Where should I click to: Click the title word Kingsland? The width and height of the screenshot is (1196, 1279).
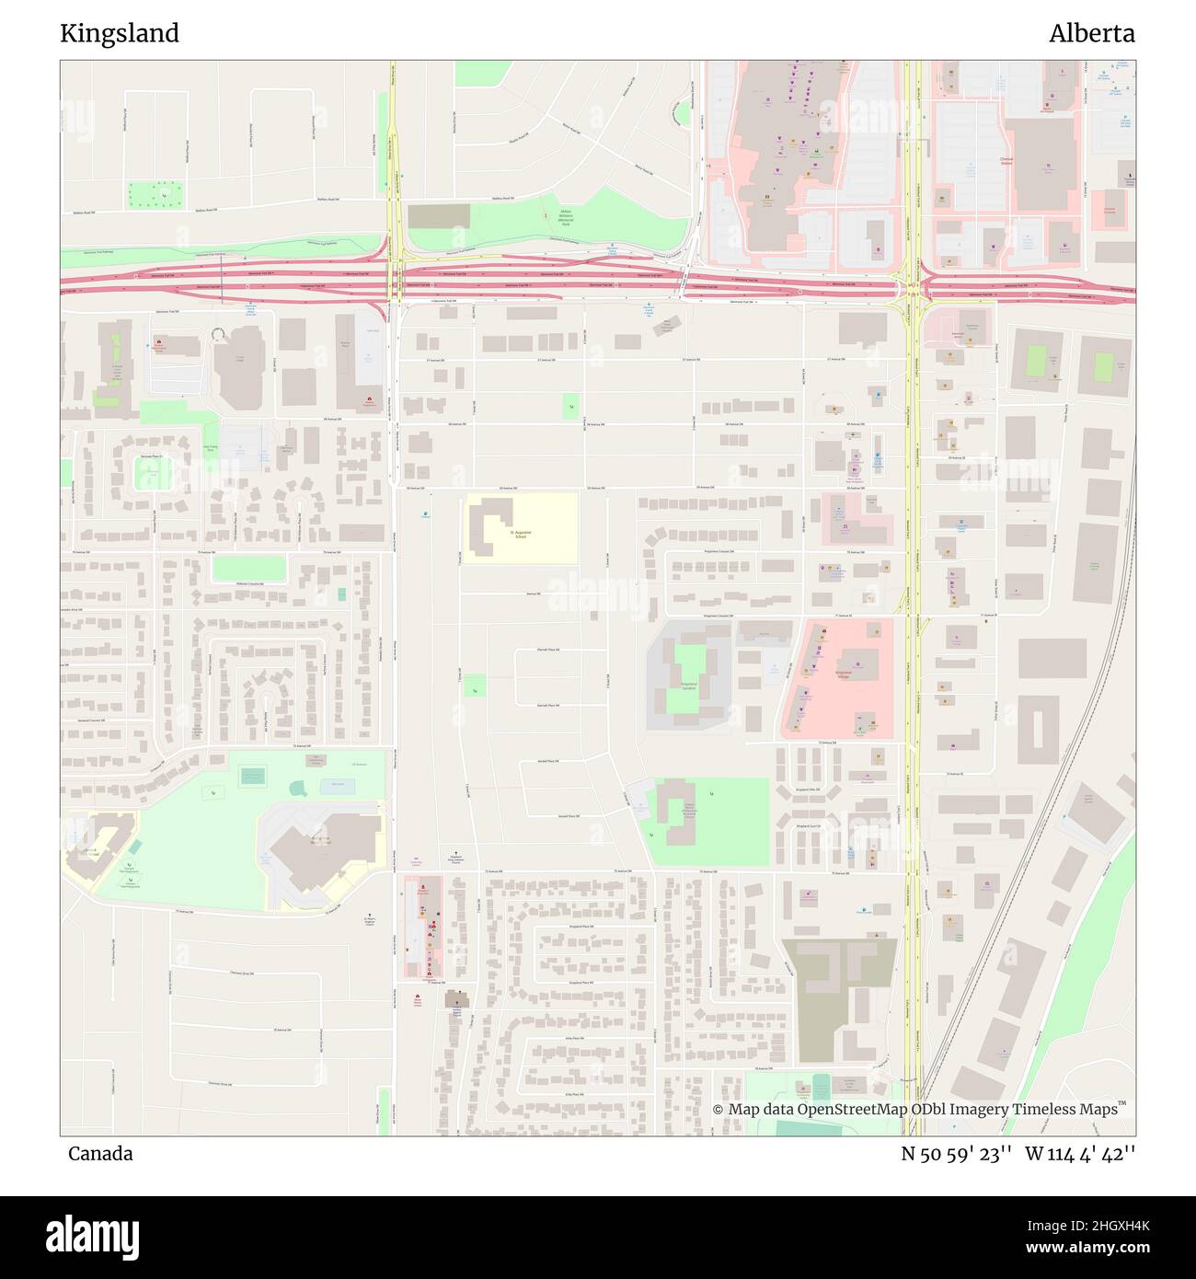click(120, 33)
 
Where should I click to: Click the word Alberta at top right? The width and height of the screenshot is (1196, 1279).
click(1091, 33)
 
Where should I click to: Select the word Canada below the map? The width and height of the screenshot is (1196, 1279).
click(100, 1154)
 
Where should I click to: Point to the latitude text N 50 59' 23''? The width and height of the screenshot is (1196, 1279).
click(956, 1154)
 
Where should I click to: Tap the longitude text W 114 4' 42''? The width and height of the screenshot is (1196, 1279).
click(1080, 1154)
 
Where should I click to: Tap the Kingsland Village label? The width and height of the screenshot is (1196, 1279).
click(843, 673)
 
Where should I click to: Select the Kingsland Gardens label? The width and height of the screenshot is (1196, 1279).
click(688, 686)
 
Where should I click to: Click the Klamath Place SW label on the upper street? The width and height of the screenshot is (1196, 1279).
click(548, 650)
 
